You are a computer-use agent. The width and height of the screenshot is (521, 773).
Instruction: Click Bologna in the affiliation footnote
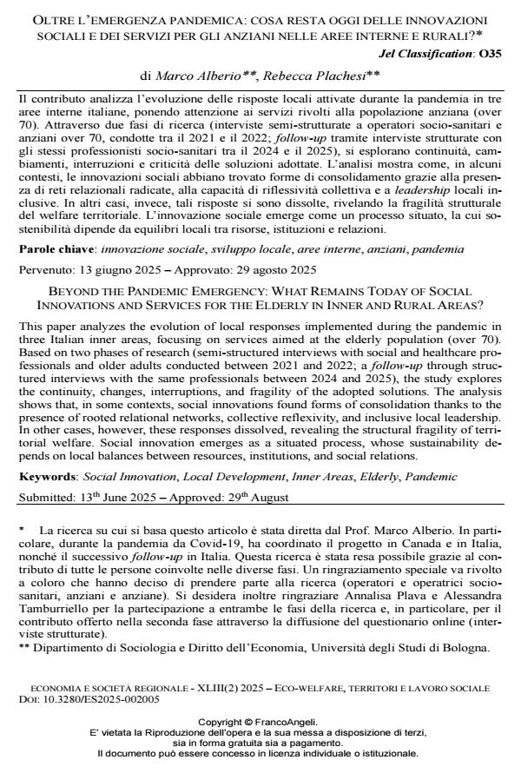464,646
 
